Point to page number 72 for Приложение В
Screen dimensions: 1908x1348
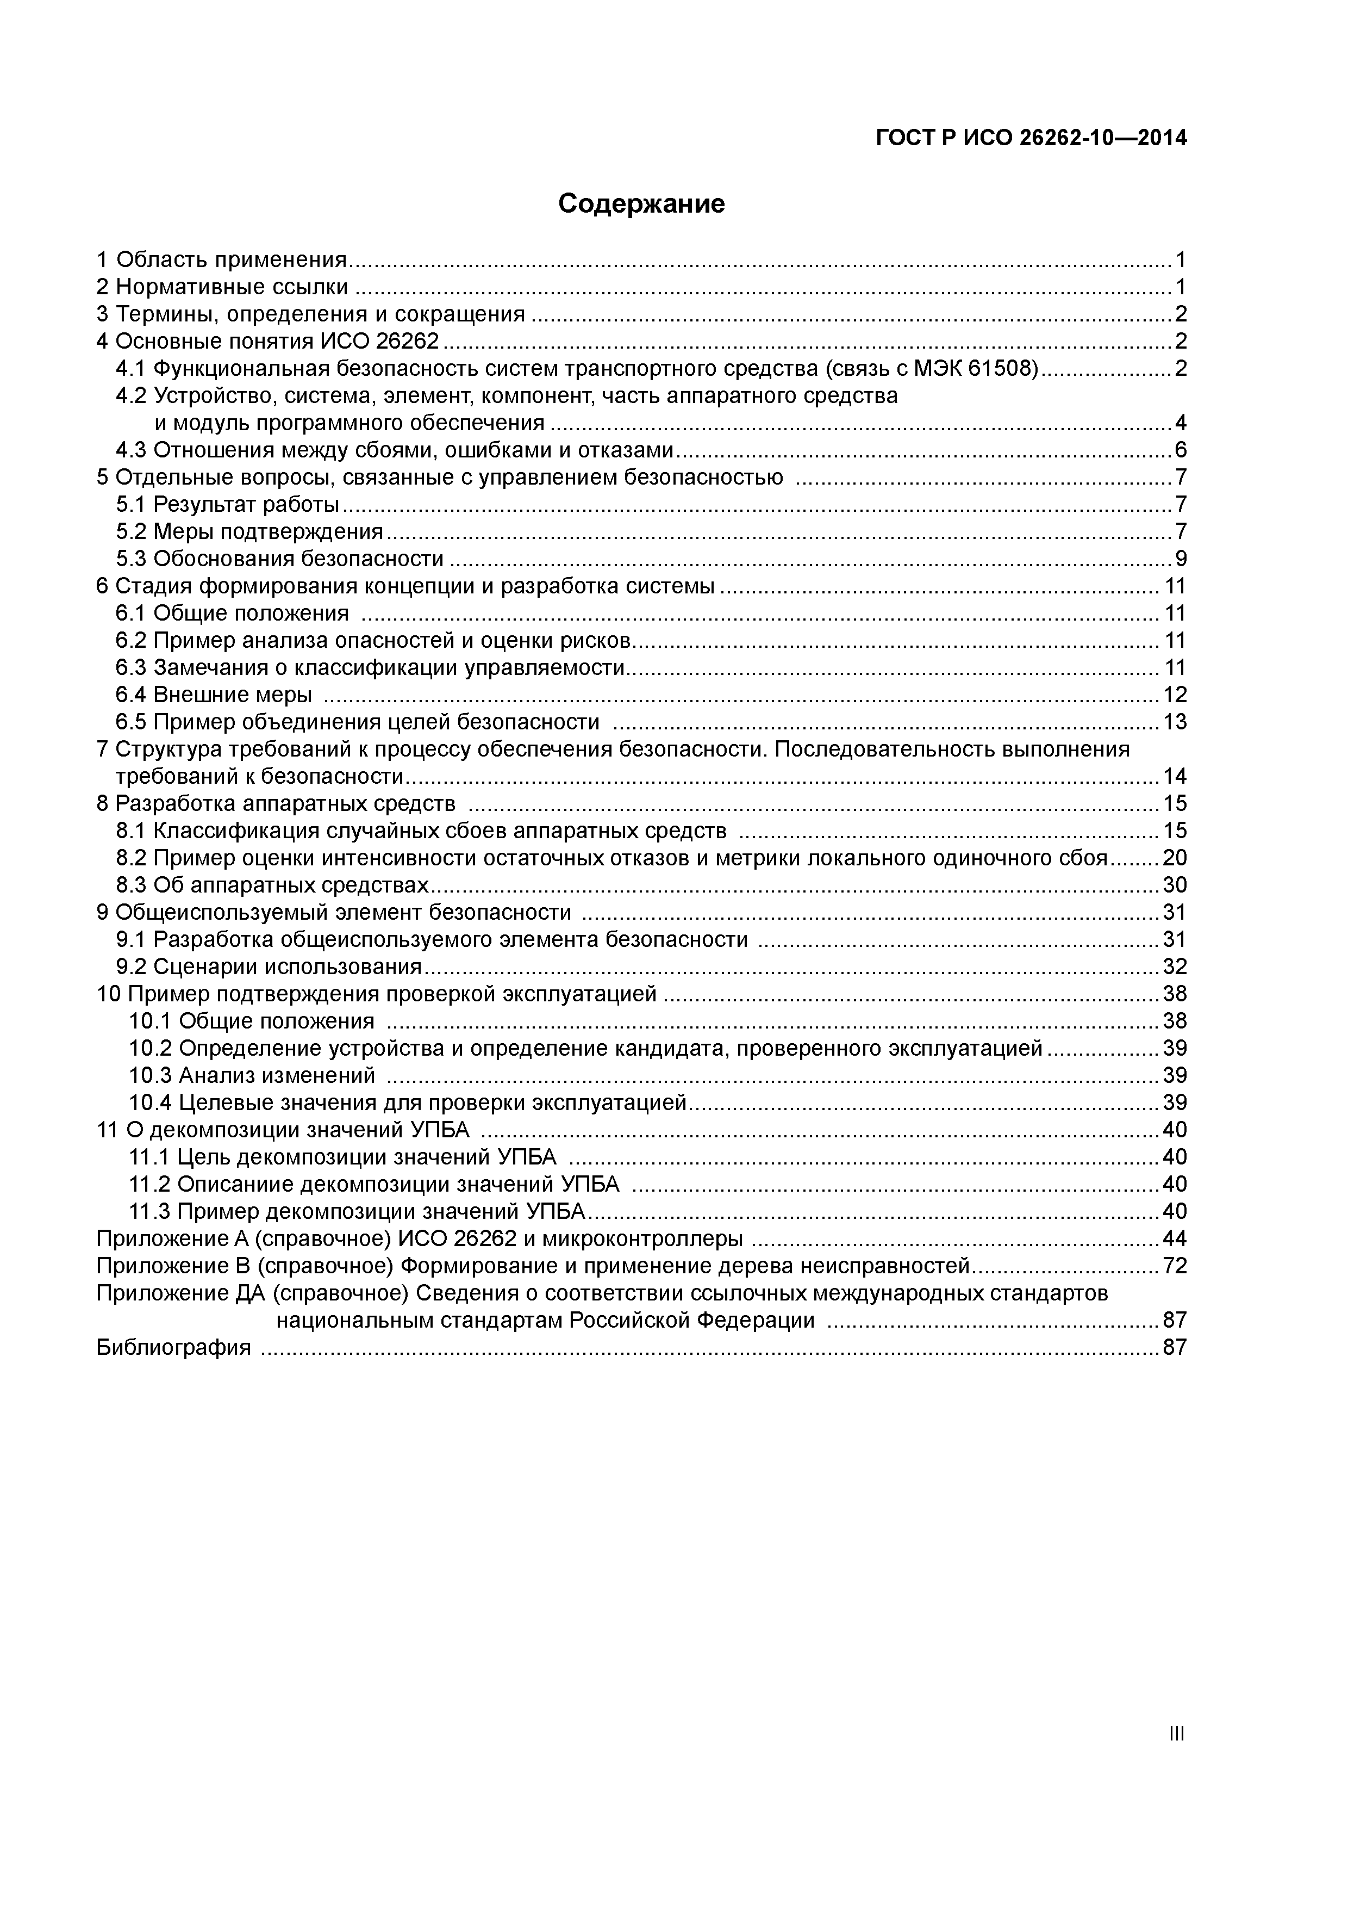pos(1175,1266)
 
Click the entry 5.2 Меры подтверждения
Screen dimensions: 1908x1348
pos(249,531)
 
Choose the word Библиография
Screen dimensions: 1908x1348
pos(173,1347)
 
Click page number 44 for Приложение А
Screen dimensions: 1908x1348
pos(1175,1238)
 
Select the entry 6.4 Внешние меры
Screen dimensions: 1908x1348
pos(214,695)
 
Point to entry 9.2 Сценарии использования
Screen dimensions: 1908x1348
pos(269,967)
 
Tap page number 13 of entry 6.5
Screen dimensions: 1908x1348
pos(1175,721)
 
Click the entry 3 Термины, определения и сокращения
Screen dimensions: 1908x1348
pos(310,314)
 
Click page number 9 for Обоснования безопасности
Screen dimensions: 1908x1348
pos(1180,559)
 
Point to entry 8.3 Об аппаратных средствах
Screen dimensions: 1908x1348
pos(272,885)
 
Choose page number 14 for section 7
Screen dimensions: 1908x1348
pos(1175,776)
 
